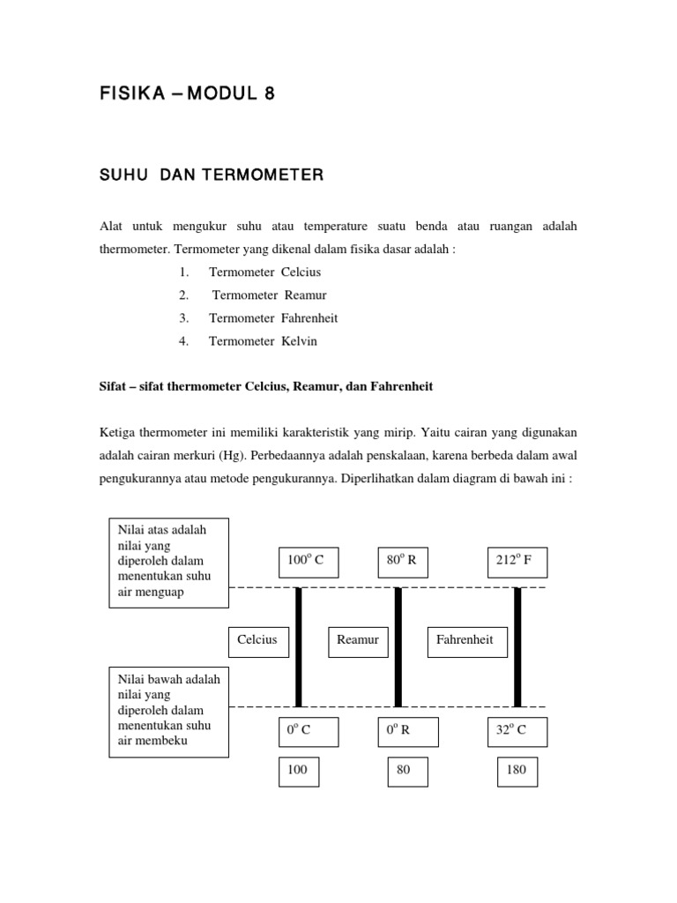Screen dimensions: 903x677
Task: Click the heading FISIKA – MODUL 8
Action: (x=186, y=95)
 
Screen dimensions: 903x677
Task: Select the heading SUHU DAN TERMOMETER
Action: (x=212, y=175)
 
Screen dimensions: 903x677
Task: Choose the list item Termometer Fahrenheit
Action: (x=273, y=318)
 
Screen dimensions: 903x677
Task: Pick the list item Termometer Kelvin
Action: (x=262, y=341)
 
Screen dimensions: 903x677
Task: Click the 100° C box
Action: (x=308, y=562)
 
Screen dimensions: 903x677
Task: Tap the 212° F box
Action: (x=517, y=562)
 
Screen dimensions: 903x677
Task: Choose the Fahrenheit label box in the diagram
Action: (x=468, y=641)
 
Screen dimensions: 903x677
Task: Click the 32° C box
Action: (x=517, y=731)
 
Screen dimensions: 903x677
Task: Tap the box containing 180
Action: (x=517, y=771)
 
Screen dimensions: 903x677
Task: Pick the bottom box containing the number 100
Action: (x=298, y=771)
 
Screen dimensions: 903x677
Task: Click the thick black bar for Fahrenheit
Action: (x=517, y=647)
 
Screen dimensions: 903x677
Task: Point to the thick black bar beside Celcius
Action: (x=299, y=647)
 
